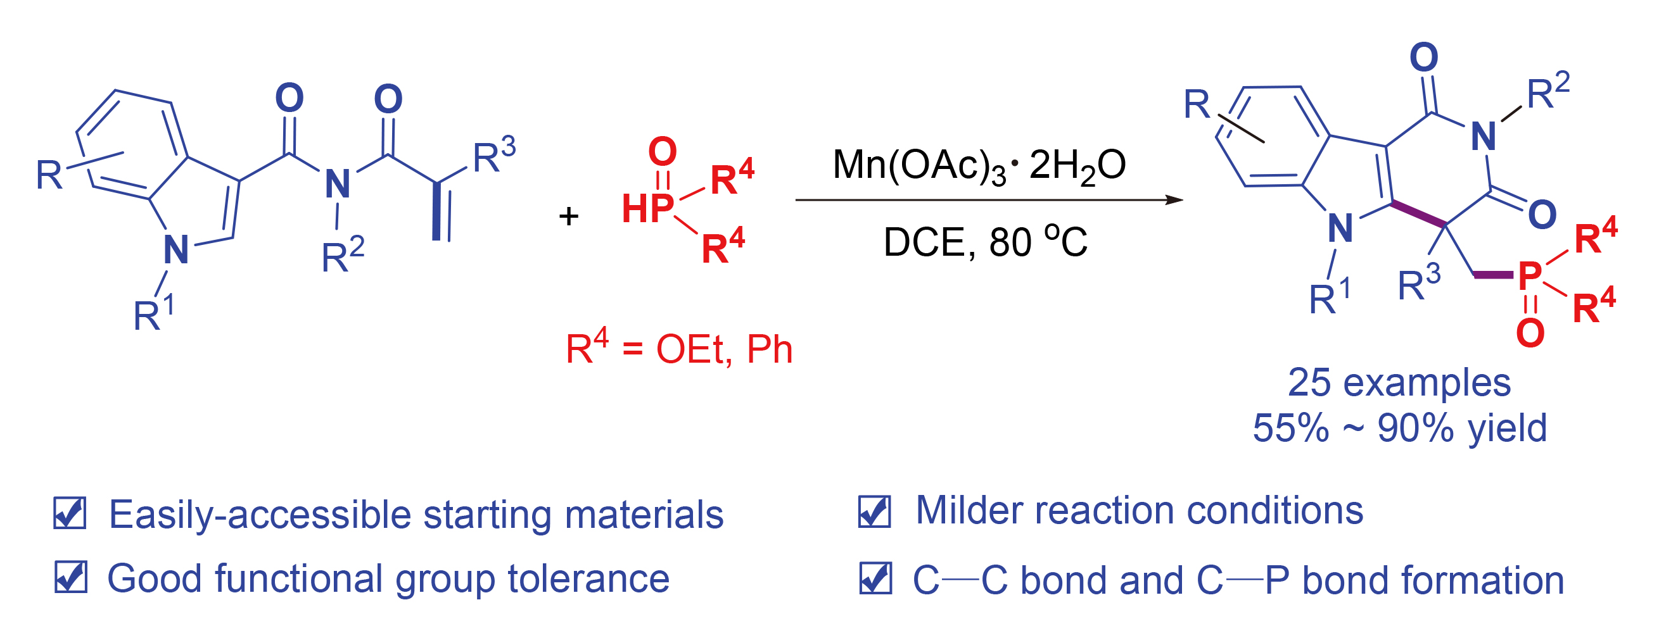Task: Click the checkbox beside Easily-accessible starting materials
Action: point(70,514)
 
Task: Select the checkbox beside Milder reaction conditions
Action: point(875,512)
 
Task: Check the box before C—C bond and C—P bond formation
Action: point(875,577)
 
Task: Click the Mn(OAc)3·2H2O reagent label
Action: point(978,165)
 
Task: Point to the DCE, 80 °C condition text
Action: point(985,242)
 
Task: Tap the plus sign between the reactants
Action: point(569,216)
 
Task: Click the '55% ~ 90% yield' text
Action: point(1399,427)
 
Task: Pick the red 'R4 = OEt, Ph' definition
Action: point(679,348)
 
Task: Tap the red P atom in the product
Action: point(1530,275)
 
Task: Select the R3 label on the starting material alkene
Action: point(494,156)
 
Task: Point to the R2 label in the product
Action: point(1548,92)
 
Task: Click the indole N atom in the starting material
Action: point(176,250)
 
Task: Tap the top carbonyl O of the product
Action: point(1424,58)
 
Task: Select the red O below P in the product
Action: point(1530,333)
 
